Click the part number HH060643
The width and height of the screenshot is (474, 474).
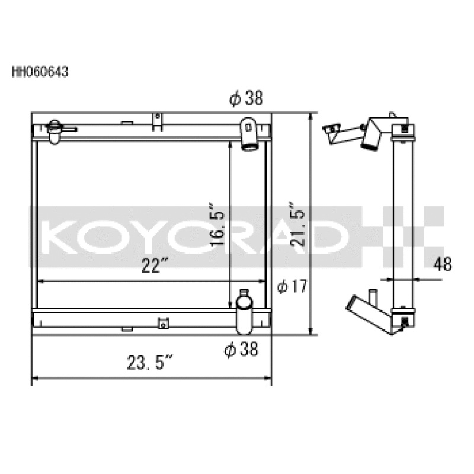click(40, 72)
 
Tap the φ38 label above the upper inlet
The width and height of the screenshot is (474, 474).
click(245, 99)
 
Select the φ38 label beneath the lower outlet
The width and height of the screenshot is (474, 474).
click(241, 350)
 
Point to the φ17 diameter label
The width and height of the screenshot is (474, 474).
click(292, 287)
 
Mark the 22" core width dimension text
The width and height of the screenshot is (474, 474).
click(152, 267)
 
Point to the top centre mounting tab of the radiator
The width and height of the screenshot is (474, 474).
click(157, 121)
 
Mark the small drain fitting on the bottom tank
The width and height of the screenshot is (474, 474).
click(162, 323)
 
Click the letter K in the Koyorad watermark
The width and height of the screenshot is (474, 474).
click(60, 235)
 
